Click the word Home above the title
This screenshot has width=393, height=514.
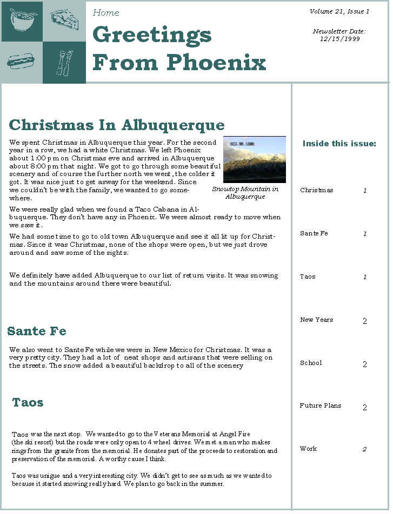(106, 12)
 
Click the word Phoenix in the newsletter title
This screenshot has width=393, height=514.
(216, 62)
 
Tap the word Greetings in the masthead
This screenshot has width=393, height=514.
(152, 35)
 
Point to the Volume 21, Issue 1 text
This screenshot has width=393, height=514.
(339, 11)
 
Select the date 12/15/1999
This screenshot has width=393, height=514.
(339, 39)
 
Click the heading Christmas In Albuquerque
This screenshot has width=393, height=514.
(117, 125)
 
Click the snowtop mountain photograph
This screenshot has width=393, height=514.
(254, 160)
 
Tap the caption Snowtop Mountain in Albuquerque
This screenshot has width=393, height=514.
(245, 193)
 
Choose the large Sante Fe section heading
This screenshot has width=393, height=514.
(37, 330)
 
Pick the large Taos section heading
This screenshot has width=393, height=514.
(28, 402)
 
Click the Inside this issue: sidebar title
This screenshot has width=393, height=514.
(339, 144)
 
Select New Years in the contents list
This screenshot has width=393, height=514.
(316, 320)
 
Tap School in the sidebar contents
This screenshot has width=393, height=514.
(311, 363)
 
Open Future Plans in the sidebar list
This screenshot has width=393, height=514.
(320, 405)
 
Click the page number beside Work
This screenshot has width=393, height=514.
(364, 449)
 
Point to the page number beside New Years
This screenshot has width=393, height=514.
(364, 321)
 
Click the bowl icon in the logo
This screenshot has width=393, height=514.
(22, 20)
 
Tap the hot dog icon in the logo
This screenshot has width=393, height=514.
(21, 62)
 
